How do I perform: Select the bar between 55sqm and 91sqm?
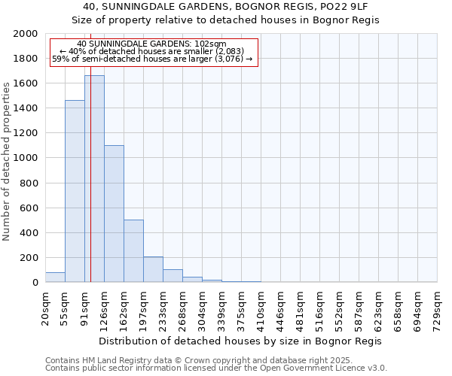[x=75, y=191]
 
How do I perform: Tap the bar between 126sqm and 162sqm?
[x=114, y=214]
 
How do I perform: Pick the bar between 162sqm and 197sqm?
[x=133, y=251]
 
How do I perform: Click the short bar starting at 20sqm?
[x=55, y=277]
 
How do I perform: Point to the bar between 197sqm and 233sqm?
[x=153, y=269]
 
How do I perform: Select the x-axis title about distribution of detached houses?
[x=241, y=341]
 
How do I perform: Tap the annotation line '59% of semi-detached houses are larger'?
[x=153, y=59]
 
